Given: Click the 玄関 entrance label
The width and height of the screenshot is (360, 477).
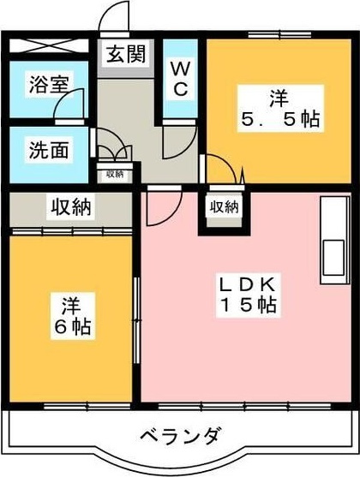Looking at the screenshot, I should (125, 56).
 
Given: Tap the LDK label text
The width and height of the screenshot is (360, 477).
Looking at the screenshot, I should (247, 284).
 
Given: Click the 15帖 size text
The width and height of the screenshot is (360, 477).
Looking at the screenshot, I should (247, 305).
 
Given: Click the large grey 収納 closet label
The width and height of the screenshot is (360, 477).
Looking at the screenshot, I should (70, 206).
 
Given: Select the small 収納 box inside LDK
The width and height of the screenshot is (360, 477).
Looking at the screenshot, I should (223, 207).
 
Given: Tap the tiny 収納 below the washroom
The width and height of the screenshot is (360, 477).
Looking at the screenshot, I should (113, 174).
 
